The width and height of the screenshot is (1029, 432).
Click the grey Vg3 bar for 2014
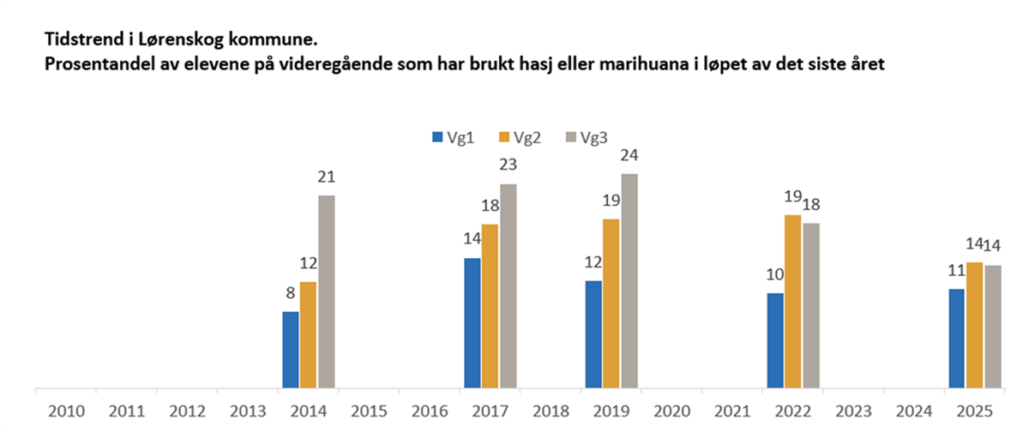326,291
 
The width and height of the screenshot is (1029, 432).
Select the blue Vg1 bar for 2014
291,349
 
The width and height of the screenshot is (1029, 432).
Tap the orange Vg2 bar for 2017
490,305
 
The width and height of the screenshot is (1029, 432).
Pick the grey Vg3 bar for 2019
629,280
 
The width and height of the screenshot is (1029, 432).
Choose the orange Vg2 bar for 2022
792,301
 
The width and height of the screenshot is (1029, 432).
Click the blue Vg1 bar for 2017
472,322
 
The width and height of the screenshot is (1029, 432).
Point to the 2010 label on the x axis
66,411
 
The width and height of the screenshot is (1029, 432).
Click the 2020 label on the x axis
671,411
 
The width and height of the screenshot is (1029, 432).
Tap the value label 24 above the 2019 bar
630,157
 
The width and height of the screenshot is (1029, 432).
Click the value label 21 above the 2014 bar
326,178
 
